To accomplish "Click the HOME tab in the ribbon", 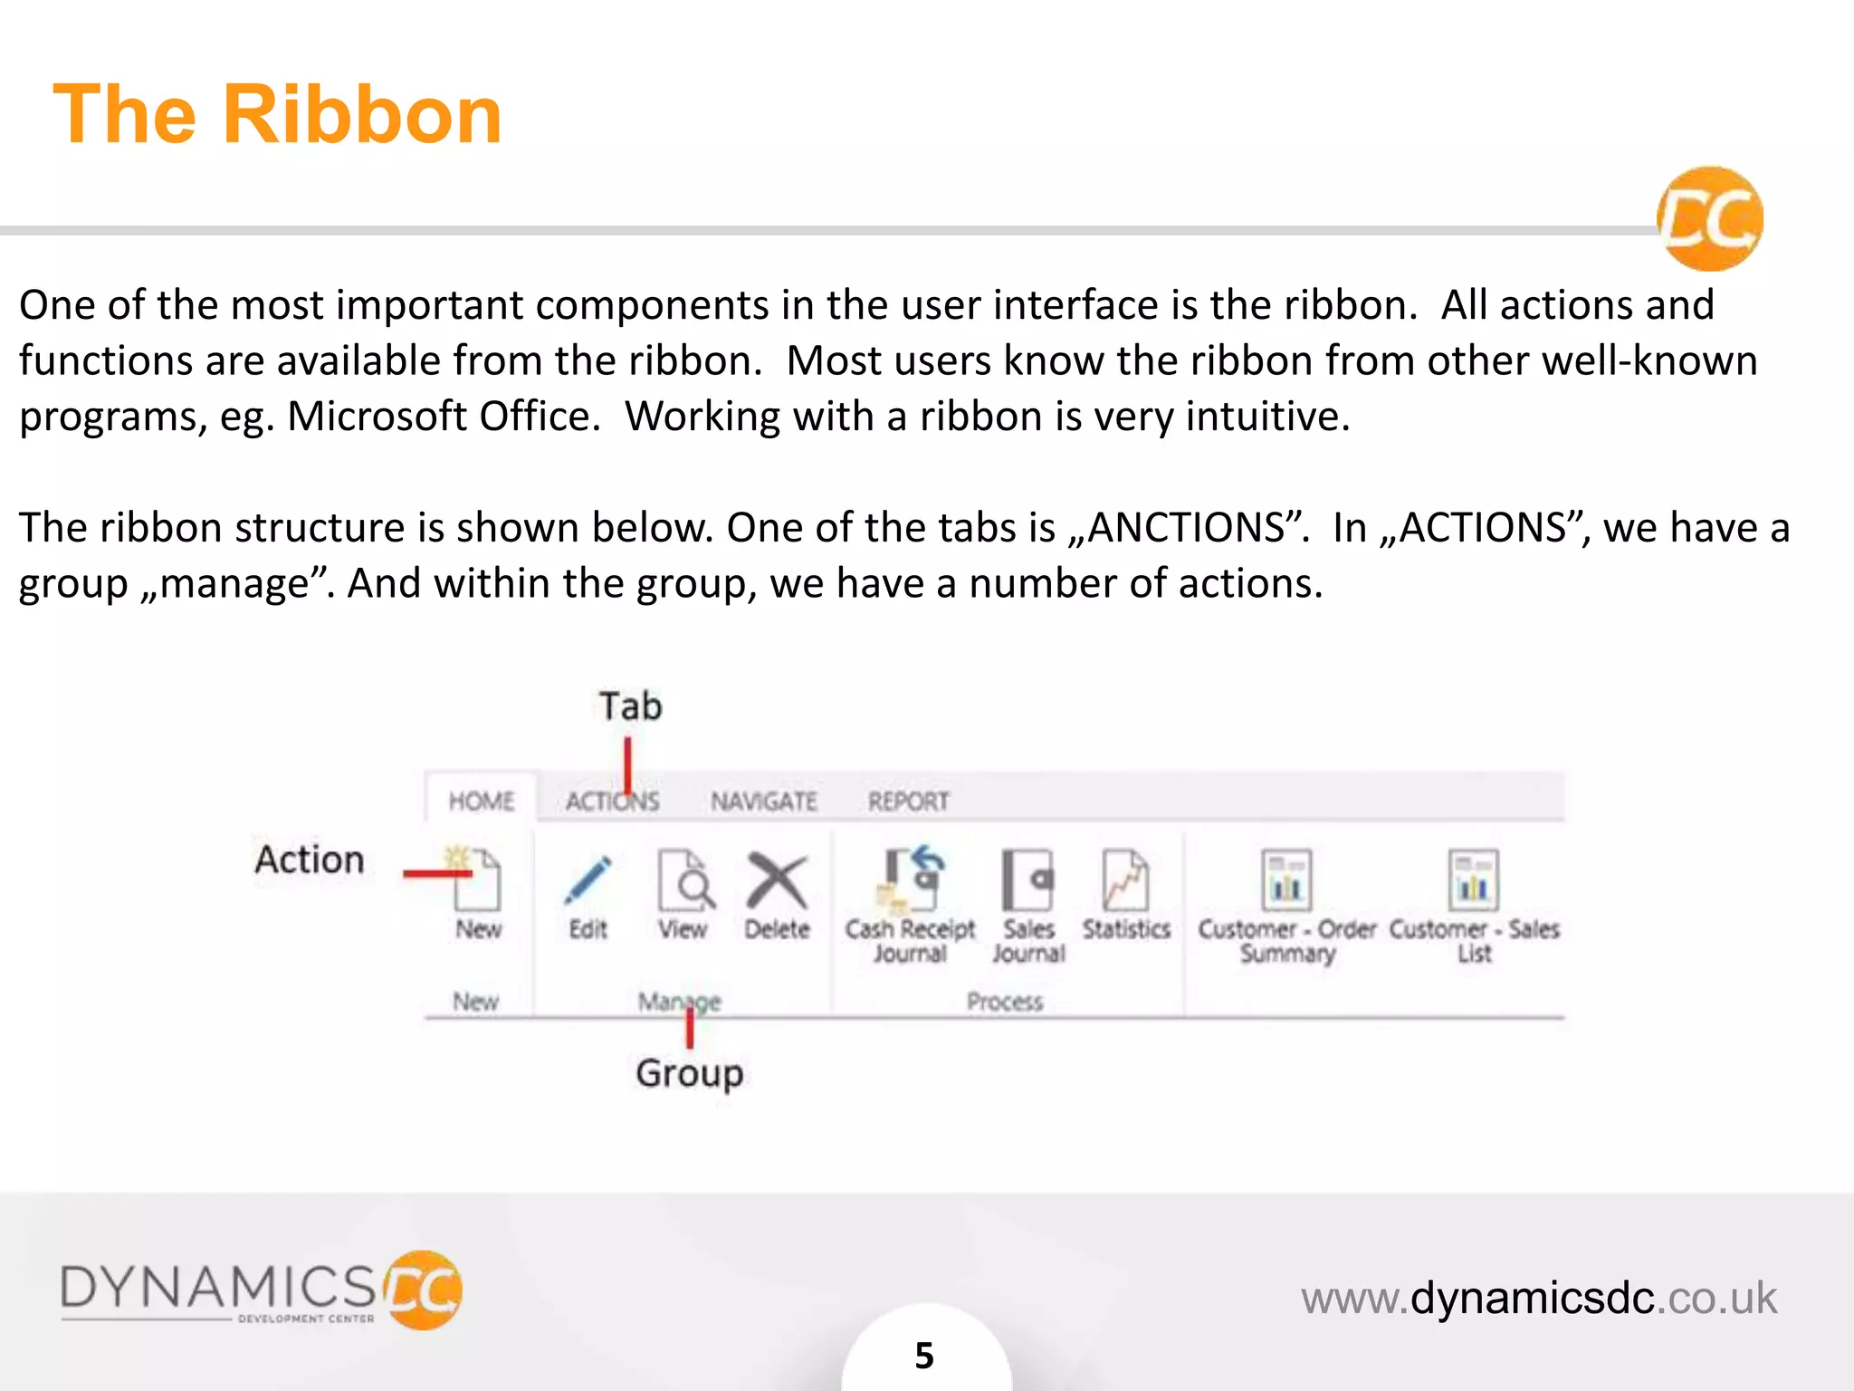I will (x=482, y=801).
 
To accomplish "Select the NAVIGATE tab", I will (x=763, y=801).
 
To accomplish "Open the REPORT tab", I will (x=908, y=801).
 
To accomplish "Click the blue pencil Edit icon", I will (x=588, y=879).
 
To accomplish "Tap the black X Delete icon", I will (x=777, y=879).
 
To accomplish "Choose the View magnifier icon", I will (x=685, y=879).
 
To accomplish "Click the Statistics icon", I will (x=1125, y=879).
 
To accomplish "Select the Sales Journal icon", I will (x=1028, y=879).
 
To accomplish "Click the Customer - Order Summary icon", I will (x=1286, y=879).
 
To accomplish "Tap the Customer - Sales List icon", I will (x=1473, y=879).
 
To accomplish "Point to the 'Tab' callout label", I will (x=631, y=706).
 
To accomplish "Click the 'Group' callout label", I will (x=690, y=1074).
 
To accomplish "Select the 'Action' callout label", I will (x=310, y=859).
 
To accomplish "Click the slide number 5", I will (x=924, y=1356).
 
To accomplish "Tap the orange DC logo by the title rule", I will (x=1710, y=219).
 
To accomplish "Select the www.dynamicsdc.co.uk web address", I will (x=1539, y=1298).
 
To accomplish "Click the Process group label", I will (x=1005, y=1002).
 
